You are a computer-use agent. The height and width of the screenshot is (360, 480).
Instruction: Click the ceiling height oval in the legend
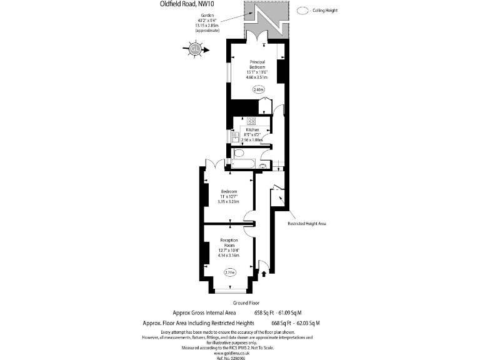[302, 11]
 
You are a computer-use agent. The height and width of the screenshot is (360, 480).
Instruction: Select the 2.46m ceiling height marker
[259, 89]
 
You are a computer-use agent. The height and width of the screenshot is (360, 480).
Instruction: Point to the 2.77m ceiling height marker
[231, 272]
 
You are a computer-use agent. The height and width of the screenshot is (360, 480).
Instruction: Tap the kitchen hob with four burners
[251, 121]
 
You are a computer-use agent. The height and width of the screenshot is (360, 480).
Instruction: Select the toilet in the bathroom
[239, 153]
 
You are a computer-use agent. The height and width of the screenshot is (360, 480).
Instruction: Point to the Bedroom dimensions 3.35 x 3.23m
[229, 202]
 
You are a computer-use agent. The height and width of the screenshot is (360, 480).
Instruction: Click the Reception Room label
[229, 242]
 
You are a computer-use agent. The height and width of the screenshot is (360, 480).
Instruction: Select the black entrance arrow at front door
[264, 272]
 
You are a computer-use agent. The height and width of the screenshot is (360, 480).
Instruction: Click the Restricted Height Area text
[307, 223]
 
